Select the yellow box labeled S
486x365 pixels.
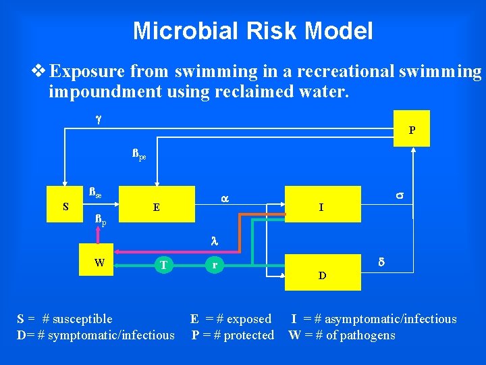[65, 207]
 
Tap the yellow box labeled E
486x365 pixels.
[157, 208]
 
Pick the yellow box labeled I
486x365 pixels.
[321, 208]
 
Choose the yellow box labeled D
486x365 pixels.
[322, 274]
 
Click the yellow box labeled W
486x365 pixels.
[100, 263]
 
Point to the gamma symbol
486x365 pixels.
[98, 119]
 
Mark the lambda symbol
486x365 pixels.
[214, 240]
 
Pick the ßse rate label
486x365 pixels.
[95, 193]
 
